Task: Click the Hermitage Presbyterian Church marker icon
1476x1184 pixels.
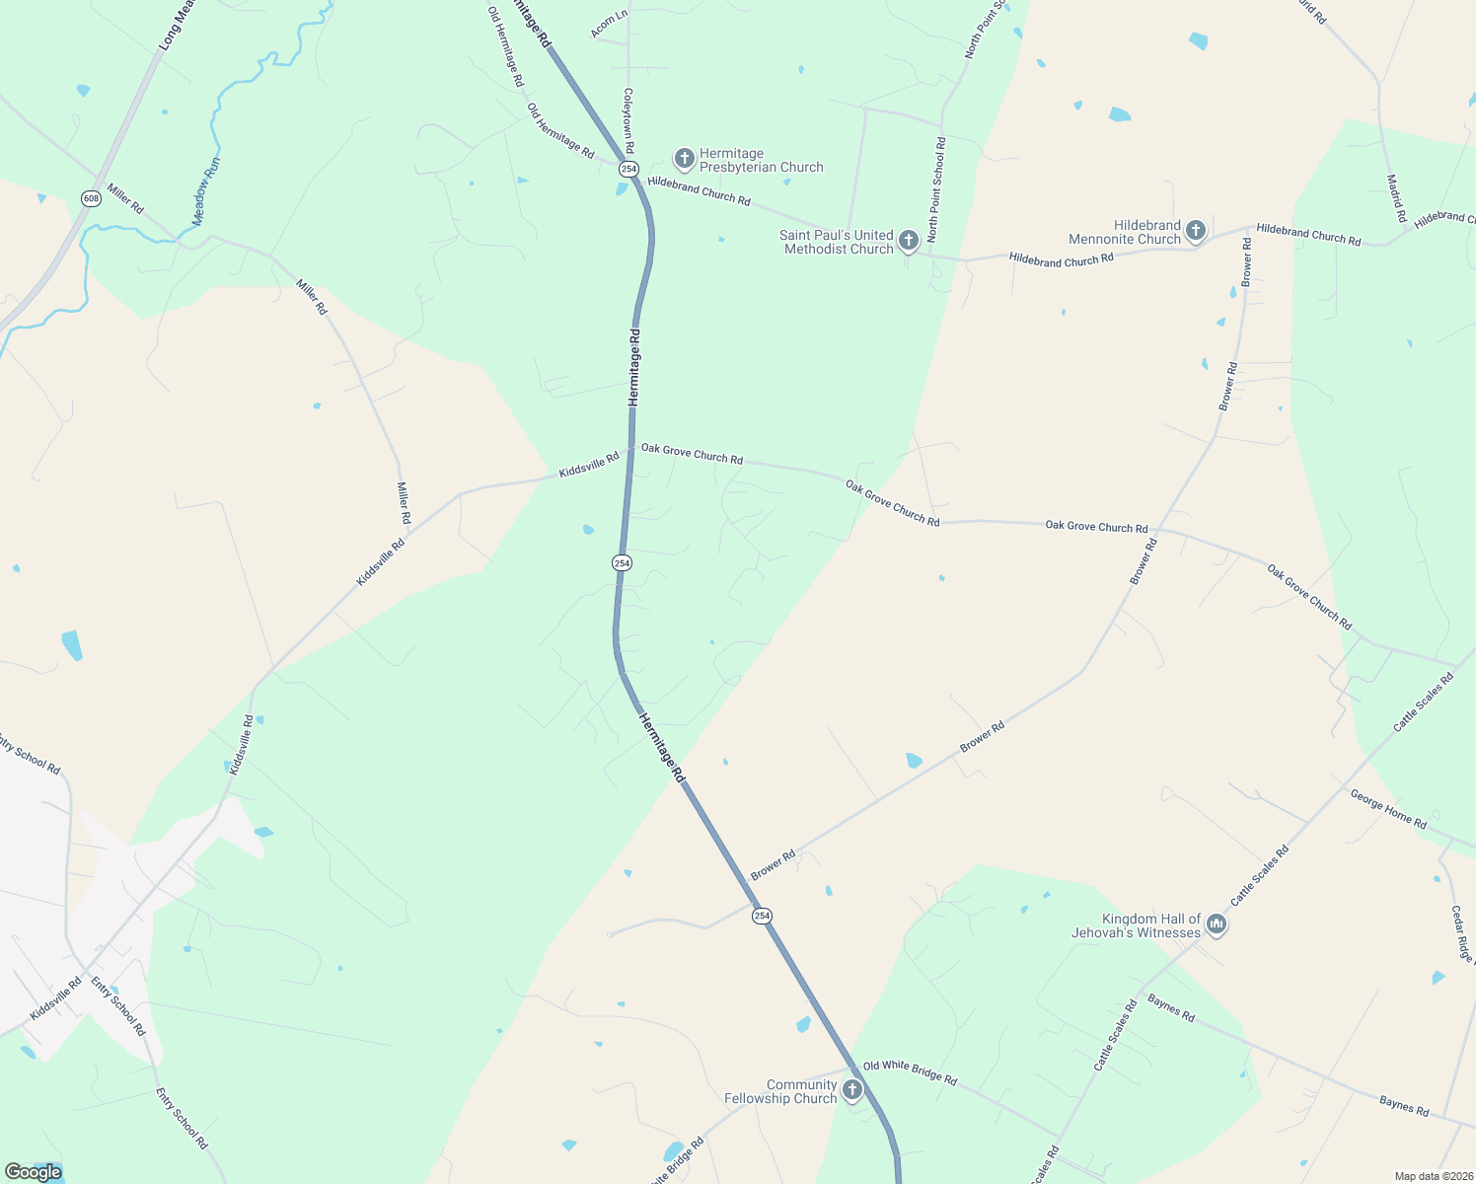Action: tap(684, 158)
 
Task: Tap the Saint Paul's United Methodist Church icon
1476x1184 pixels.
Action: tap(909, 240)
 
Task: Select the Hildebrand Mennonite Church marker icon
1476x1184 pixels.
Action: tap(1196, 231)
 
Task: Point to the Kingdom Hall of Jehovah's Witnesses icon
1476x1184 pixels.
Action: tap(1217, 925)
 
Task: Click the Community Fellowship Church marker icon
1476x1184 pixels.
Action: tap(852, 1089)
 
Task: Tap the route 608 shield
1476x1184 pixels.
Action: tap(91, 198)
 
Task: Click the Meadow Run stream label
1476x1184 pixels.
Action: tap(206, 191)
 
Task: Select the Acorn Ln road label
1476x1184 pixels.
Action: tap(609, 25)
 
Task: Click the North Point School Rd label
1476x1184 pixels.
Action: tap(938, 190)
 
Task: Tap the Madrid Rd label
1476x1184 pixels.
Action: tap(1396, 198)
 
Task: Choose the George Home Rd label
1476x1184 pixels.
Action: tap(1388, 809)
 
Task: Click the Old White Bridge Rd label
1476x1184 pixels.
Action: tap(910, 1073)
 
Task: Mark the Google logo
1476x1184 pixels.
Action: tap(33, 1172)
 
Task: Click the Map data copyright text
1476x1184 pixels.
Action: tap(1433, 1176)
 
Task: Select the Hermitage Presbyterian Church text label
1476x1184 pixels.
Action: tap(761, 161)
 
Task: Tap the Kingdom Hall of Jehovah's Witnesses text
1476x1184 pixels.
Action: tap(1137, 925)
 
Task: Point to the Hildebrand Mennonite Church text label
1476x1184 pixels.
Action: tap(1125, 233)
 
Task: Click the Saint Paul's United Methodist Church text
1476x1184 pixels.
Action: tap(837, 242)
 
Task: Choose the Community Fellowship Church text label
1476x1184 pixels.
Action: tap(780, 1091)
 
